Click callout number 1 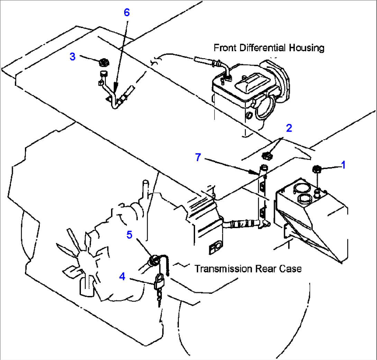point(343,165)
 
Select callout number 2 point(289,128)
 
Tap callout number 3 point(72,57)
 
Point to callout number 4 point(122,277)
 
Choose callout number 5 point(129,235)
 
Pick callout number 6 point(127,12)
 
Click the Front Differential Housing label point(269,47)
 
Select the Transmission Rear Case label point(248,268)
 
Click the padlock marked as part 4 point(159,281)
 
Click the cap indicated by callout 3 point(103,63)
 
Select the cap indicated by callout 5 point(154,259)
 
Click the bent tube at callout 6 point(112,99)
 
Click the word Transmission point(223,268)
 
